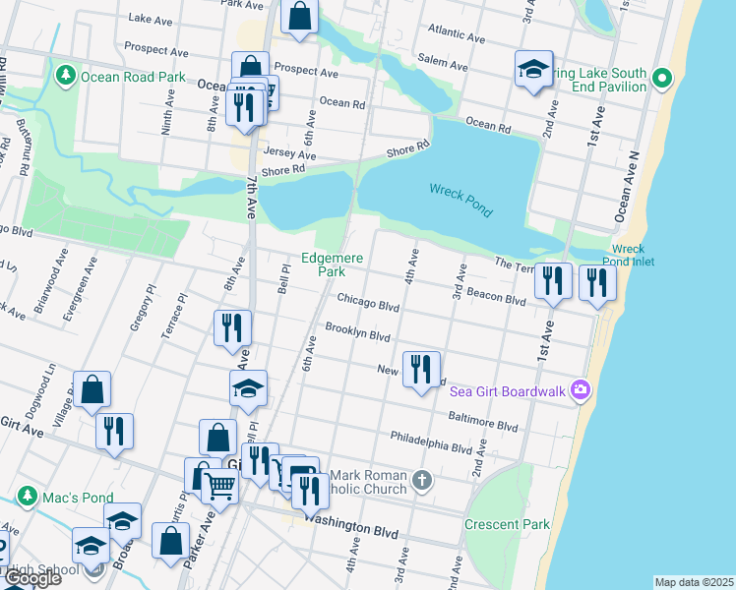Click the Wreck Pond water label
click(460, 199)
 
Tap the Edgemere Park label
click(333, 265)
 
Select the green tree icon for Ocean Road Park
click(66, 75)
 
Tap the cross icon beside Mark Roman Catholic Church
click(421, 481)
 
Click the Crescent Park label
click(507, 524)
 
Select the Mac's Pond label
click(77, 498)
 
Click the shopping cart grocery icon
click(220, 484)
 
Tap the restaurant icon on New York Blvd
click(421, 370)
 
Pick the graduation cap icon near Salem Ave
click(533, 69)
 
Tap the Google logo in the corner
click(31, 578)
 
